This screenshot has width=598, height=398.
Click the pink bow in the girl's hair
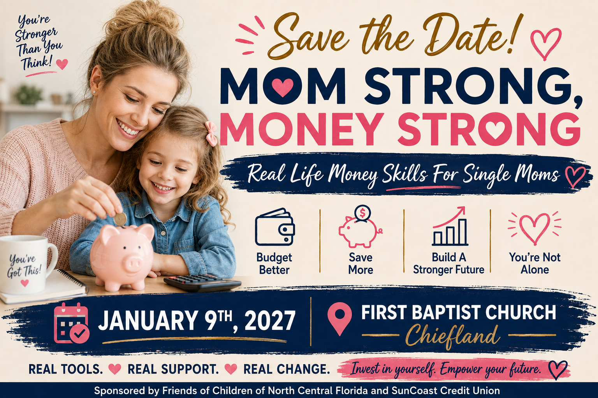[211, 134]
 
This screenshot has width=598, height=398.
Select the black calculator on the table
[202, 283]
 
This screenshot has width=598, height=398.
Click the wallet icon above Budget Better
[275, 227]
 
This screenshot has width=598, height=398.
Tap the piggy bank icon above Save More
[360, 227]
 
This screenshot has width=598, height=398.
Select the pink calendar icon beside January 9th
[71, 323]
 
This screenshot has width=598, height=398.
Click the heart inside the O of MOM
[282, 87]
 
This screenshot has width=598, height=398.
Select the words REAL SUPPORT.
[173, 369]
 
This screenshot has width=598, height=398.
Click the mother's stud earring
[94, 92]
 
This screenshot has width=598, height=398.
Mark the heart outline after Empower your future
[558, 370]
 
